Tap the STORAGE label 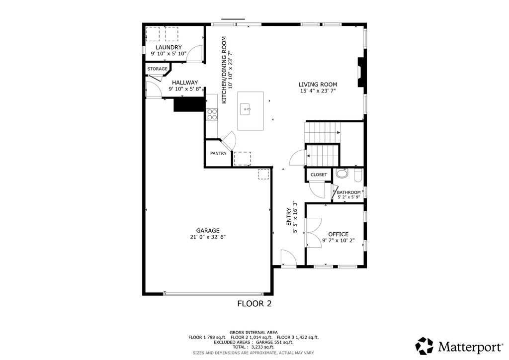pos(157,69)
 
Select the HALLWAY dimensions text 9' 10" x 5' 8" pos(185,90)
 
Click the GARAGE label pos(208,230)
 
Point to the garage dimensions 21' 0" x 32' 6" pos(208,237)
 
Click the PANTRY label pos(218,154)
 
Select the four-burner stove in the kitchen pos(212,114)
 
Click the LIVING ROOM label pos(318,85)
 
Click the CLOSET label pos(319,175)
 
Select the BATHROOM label pos(348,192)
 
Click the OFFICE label pos(338,234)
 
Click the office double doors pos(313,232)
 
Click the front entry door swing pos(288,258)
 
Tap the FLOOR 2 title pos(254,303)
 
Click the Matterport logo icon pos(424,346)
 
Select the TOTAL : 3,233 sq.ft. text pos(254,347)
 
